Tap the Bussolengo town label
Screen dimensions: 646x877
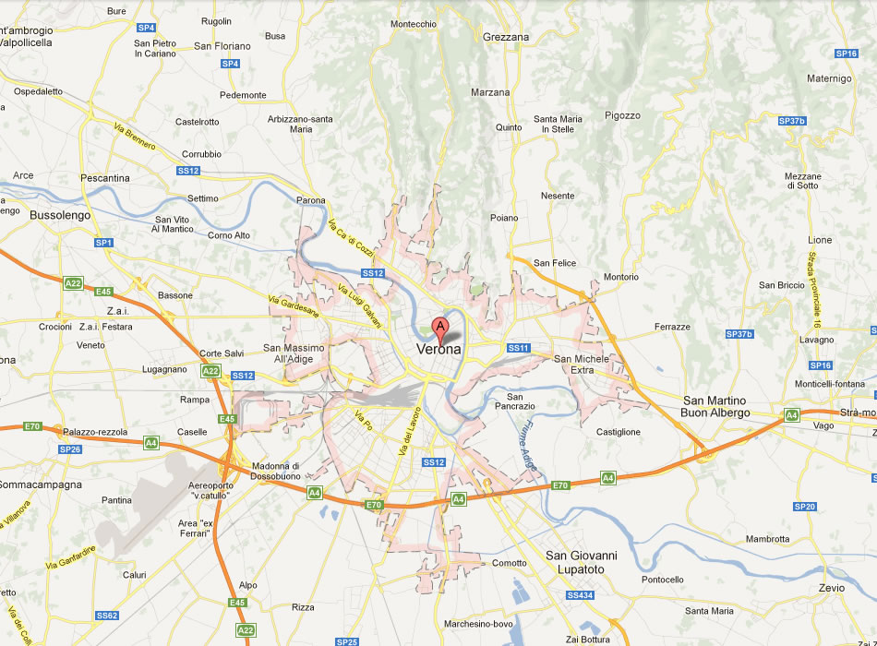click(x=36, y=214)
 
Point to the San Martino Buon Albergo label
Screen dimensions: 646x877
click(x=715, y=407)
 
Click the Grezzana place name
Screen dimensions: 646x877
click(x=506, y=37)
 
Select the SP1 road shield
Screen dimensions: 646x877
click(x=102, y=243)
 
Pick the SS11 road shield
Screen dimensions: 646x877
click(x=518, y=348)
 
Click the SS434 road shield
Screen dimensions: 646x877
click(x=580, y=595)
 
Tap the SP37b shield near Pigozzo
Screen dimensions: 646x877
click(x=792, y=121)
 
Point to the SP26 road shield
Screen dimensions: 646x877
click(x=70, y=449)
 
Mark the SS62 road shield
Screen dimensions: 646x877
click(x=107, y=616)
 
